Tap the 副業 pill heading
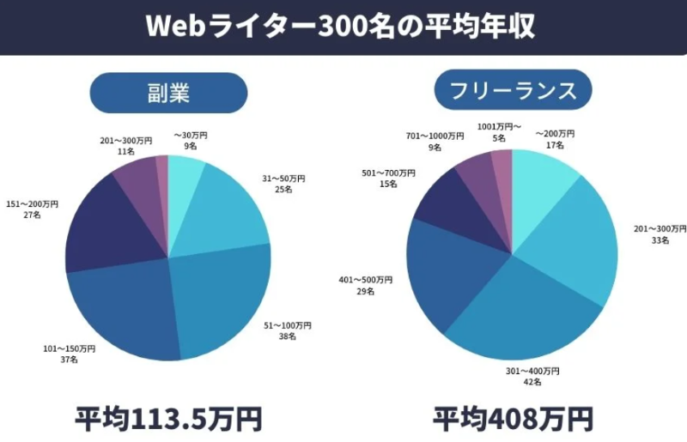click(168, 92)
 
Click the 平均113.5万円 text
click(168, 420)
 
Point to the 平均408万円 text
click(513, 420)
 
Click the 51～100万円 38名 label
click(287, 331)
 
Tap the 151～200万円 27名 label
click(33, 209)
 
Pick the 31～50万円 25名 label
click(283, 184)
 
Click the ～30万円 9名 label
click(191, 141)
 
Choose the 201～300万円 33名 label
click(660, 235)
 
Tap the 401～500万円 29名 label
click(367, 286)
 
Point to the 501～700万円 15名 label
click(388, 179)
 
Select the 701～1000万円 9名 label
click(436, 142)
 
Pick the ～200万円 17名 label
click(555, 140)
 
